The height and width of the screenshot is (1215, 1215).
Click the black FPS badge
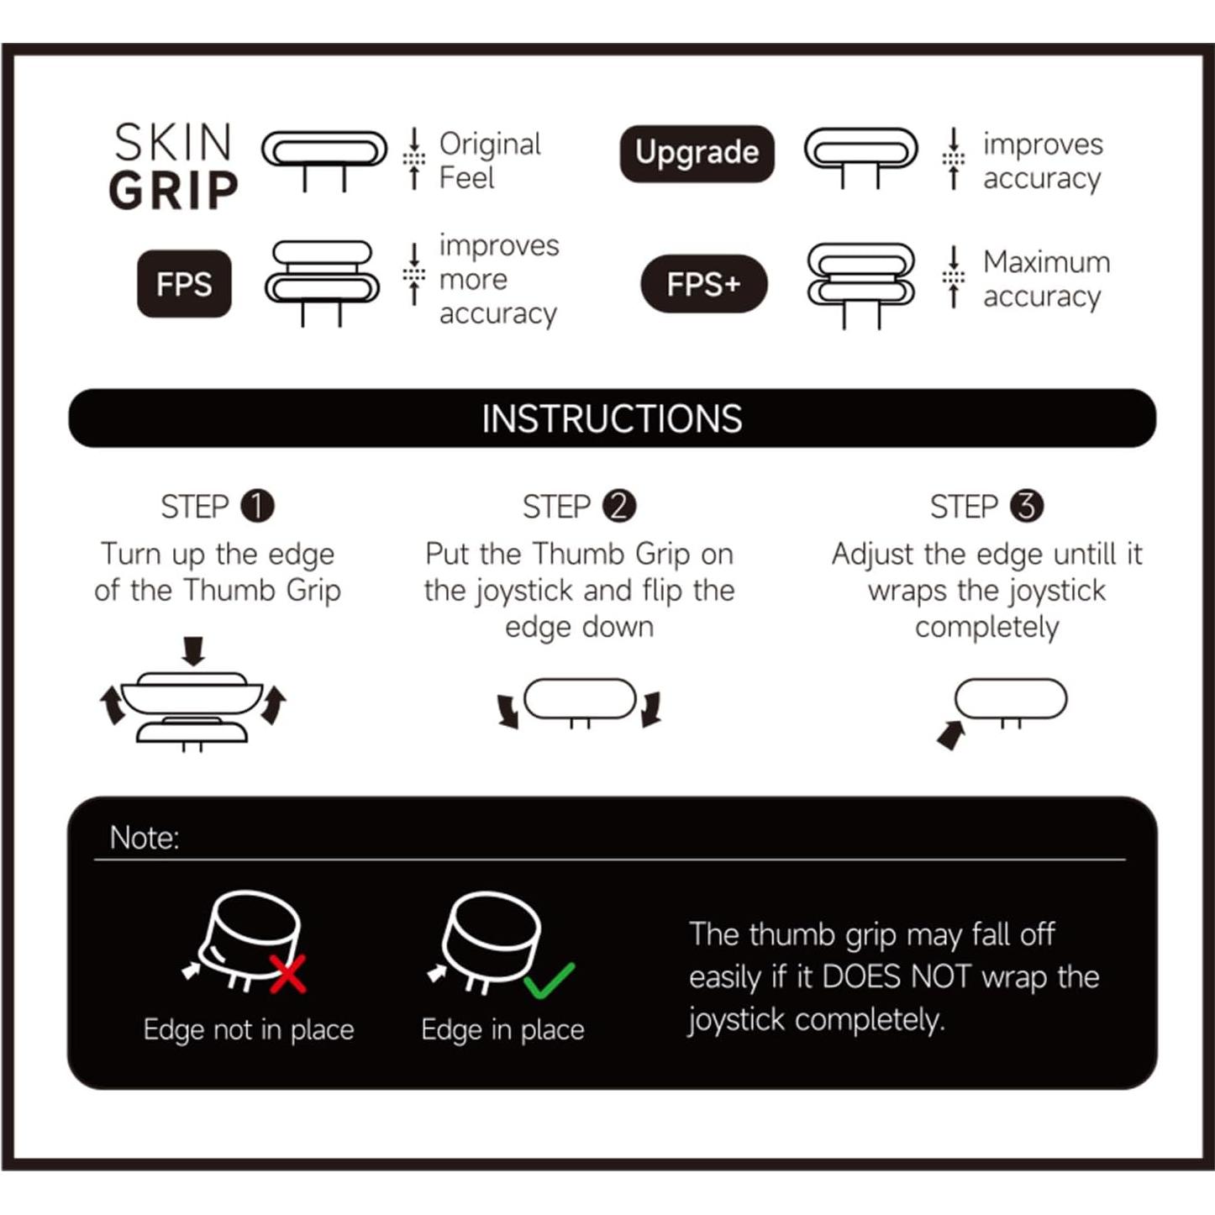click(x=184, y=284)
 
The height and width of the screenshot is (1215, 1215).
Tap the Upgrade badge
click(x=697, y=153)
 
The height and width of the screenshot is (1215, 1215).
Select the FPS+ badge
click(x=703, y=284)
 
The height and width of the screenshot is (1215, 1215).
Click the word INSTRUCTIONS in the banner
click(x=612, y=418)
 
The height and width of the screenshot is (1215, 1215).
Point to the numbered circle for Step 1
click(x=257, y=507)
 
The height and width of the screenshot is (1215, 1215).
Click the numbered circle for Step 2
click(x=619, y=507)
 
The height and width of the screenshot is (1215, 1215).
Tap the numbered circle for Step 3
click(x=1027, y=507)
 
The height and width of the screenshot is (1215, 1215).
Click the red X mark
click(x=288, y=974)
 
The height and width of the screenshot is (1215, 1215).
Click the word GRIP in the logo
click(x=173, y=190)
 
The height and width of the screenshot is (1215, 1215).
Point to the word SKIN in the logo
click(x=173, y=142)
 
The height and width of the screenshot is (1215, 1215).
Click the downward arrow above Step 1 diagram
click(x=193, y=651)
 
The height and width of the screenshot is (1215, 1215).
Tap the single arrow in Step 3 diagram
click(x=951, y=734)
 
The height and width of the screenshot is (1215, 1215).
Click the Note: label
click(x=145, y=838)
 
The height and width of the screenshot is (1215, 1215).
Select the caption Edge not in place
click(x=249, y=1030)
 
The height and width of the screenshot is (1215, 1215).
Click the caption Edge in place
click(x=502, y=1030)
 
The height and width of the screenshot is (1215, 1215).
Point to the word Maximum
click(x=1047, y=261)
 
